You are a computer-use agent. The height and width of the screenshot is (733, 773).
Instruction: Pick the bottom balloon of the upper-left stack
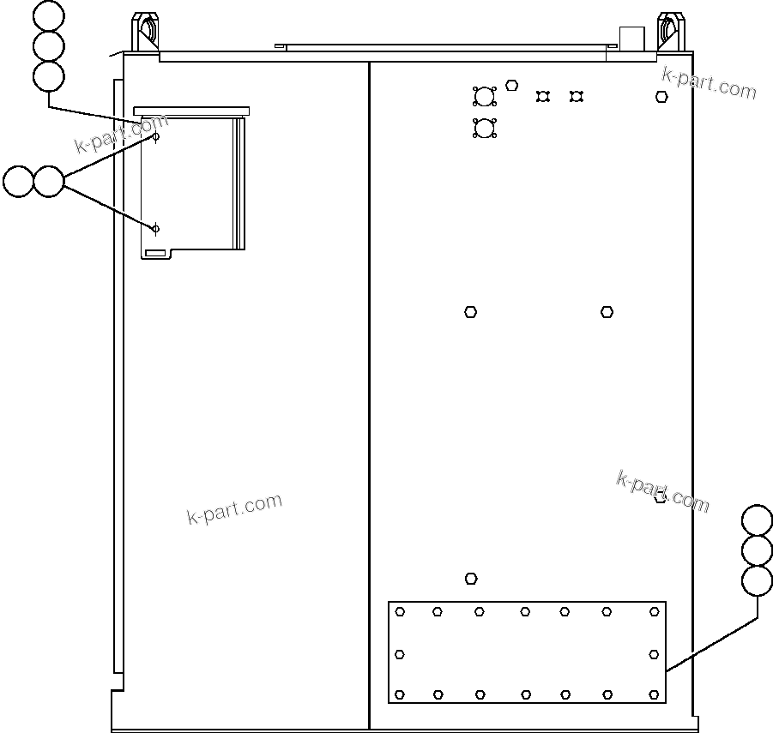coord(49,75)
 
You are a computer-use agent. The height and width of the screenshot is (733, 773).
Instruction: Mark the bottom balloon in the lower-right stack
coord(757,580)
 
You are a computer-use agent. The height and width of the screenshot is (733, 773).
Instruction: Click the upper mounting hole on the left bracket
coord(156,136)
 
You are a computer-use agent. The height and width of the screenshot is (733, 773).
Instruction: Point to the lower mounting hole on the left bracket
coord(155,228)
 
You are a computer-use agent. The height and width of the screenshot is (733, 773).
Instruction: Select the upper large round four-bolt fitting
coord(485,96)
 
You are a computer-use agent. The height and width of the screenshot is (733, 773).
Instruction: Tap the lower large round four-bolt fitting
coord(485,129)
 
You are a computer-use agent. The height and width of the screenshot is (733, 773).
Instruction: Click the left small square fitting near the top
coord(542,96)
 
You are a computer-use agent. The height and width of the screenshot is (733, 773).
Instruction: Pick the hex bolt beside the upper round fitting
coord(512,85)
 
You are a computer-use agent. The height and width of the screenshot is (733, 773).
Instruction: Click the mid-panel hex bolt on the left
coord(470,312)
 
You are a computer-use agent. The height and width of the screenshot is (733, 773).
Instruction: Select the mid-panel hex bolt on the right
coord(607,312)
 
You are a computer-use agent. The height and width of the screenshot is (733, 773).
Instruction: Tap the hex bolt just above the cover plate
coord(471,579)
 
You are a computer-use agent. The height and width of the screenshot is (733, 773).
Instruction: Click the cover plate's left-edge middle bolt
coord(400,654)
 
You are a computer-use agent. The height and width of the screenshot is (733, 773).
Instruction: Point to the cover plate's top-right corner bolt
coord(654,611)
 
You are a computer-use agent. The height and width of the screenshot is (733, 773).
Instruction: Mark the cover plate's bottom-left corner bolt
coord(400,694)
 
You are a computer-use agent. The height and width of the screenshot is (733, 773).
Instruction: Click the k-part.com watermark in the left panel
coord(234,509)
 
